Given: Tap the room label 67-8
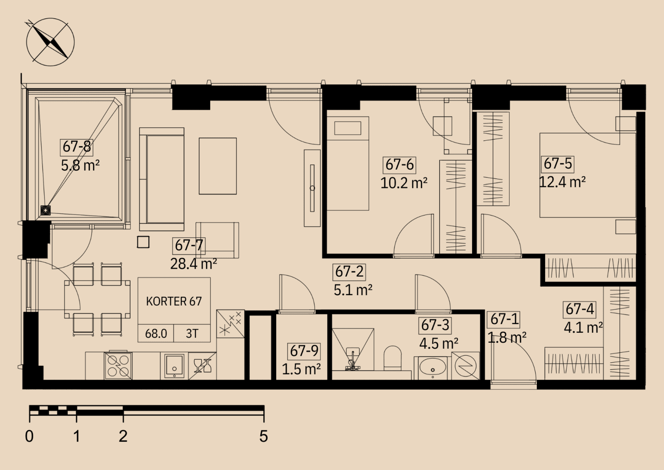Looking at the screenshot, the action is [77, 147].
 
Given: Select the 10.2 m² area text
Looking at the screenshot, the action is [404, 183].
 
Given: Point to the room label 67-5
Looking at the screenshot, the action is [558, 164].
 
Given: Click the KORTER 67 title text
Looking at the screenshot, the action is [174, 302].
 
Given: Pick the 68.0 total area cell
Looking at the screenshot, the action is [156, 334].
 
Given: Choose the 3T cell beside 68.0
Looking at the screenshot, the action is [192, 334].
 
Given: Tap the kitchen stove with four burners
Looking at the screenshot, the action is [118, 366].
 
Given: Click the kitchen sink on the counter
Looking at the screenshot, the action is [174, 366].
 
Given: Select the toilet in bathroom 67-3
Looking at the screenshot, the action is [393, 358].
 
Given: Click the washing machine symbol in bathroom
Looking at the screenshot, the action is [466, 366].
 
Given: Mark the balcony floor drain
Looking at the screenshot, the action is [45, 210].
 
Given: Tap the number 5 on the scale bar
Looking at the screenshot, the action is [264, 436].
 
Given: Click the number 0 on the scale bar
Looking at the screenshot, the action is [29, 436].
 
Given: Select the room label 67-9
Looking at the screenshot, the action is [304, 351].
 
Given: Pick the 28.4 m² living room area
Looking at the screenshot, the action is [194, 264].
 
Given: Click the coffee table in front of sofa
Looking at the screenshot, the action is [217, 166].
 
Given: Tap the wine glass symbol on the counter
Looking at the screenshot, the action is [202, 366].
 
